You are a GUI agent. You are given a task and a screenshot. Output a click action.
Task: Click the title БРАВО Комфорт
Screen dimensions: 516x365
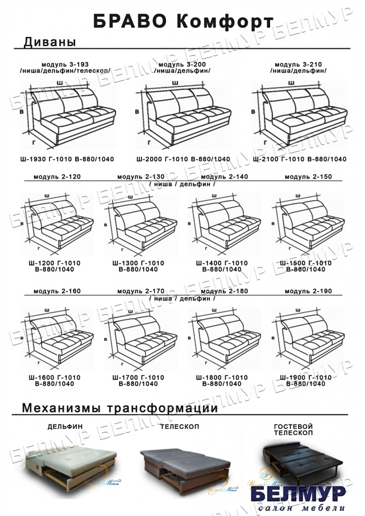coord(183,21)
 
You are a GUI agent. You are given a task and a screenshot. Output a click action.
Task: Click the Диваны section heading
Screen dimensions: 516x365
coord(49,42)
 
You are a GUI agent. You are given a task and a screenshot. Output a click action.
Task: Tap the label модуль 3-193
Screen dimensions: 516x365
coord(65,64)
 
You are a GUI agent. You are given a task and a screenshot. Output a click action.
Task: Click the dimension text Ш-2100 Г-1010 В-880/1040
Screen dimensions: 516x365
coord(299,159)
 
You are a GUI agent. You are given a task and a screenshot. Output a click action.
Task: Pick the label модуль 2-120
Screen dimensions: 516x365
coord(57,177)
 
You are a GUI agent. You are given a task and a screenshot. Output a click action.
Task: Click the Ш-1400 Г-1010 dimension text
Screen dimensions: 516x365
coord(225,263)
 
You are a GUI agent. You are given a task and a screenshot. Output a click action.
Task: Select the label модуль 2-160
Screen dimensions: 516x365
coord(57,292)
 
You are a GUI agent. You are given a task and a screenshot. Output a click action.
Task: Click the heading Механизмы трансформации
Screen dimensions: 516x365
coord(120,408)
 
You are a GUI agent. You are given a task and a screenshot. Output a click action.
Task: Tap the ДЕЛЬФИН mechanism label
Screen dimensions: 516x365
coord(65,426)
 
